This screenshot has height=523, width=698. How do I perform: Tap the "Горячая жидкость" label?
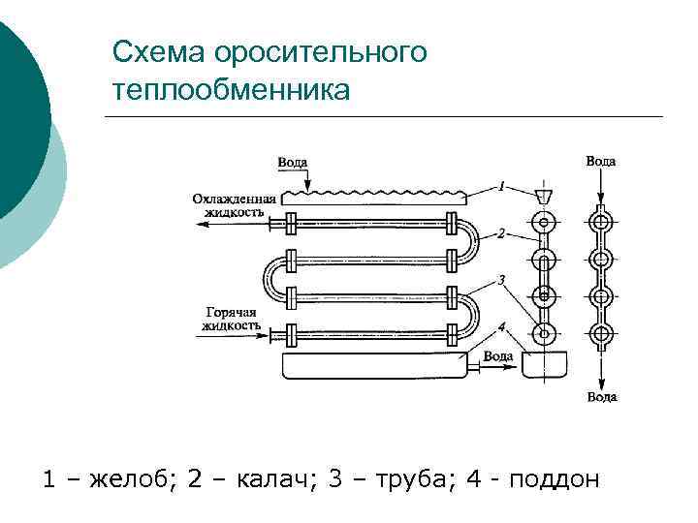click(x=230, y=319)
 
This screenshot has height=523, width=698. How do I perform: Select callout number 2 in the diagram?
click(x=501, y=232)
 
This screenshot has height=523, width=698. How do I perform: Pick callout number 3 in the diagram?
click(x=500, y=279)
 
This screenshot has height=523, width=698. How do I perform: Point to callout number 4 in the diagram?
click(x=501, y=326)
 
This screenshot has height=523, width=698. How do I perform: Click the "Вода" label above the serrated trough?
click(x=293, y=163)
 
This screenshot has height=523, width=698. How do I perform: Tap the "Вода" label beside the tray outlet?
click(x=498, y=355)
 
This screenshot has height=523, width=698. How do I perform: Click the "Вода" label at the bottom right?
click(x=601, y=396)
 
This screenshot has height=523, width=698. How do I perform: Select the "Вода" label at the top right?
click(x=601, y=161)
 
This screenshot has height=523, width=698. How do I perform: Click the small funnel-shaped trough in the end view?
click(x=545, y=197)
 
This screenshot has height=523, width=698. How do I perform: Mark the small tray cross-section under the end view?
click(x=544, y=365)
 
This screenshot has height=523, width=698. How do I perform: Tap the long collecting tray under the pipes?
click(x=373, y=365)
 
